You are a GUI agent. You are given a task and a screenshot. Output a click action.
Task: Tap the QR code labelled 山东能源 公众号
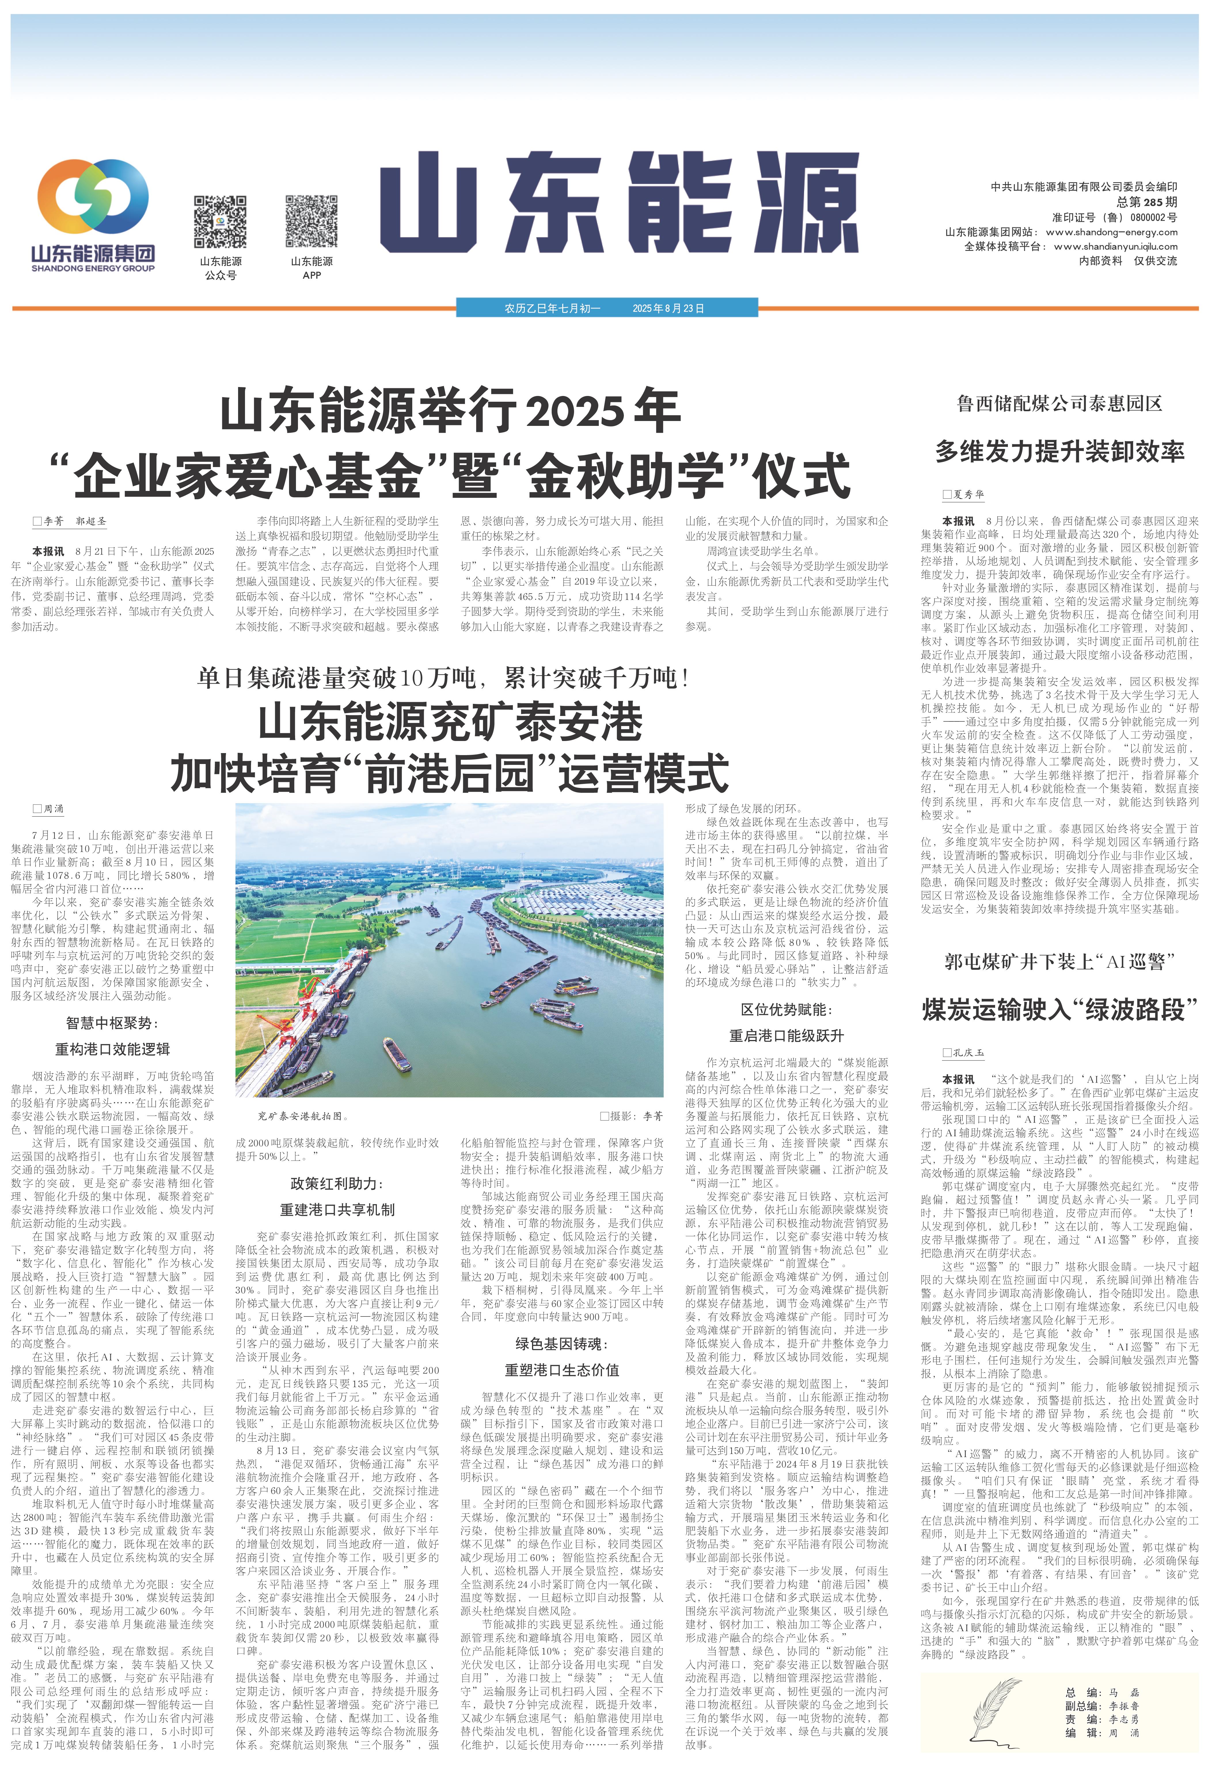(221, 222)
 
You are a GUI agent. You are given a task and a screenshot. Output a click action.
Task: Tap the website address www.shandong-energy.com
(1111, 232)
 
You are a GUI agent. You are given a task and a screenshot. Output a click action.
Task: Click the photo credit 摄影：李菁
(632, 1116)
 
